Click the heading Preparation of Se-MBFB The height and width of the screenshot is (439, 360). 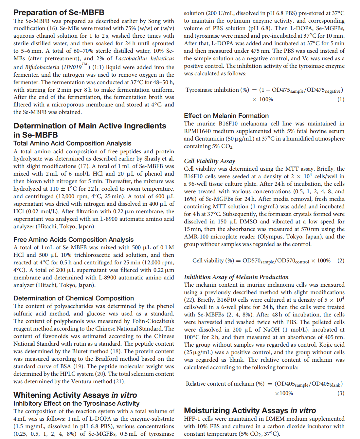tap(59, 12)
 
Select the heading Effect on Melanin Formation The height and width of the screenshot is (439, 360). tap(226, 116)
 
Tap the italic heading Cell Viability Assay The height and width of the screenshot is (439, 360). tap(209, 161)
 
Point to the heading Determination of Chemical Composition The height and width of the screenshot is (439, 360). tap(74, 298)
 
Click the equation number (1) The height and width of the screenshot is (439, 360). tap(341, 99)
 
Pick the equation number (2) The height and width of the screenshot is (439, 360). tap(341, 260)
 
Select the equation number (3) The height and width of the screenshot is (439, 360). tap(341, 393)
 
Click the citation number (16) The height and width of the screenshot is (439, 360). tap(52, 28)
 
